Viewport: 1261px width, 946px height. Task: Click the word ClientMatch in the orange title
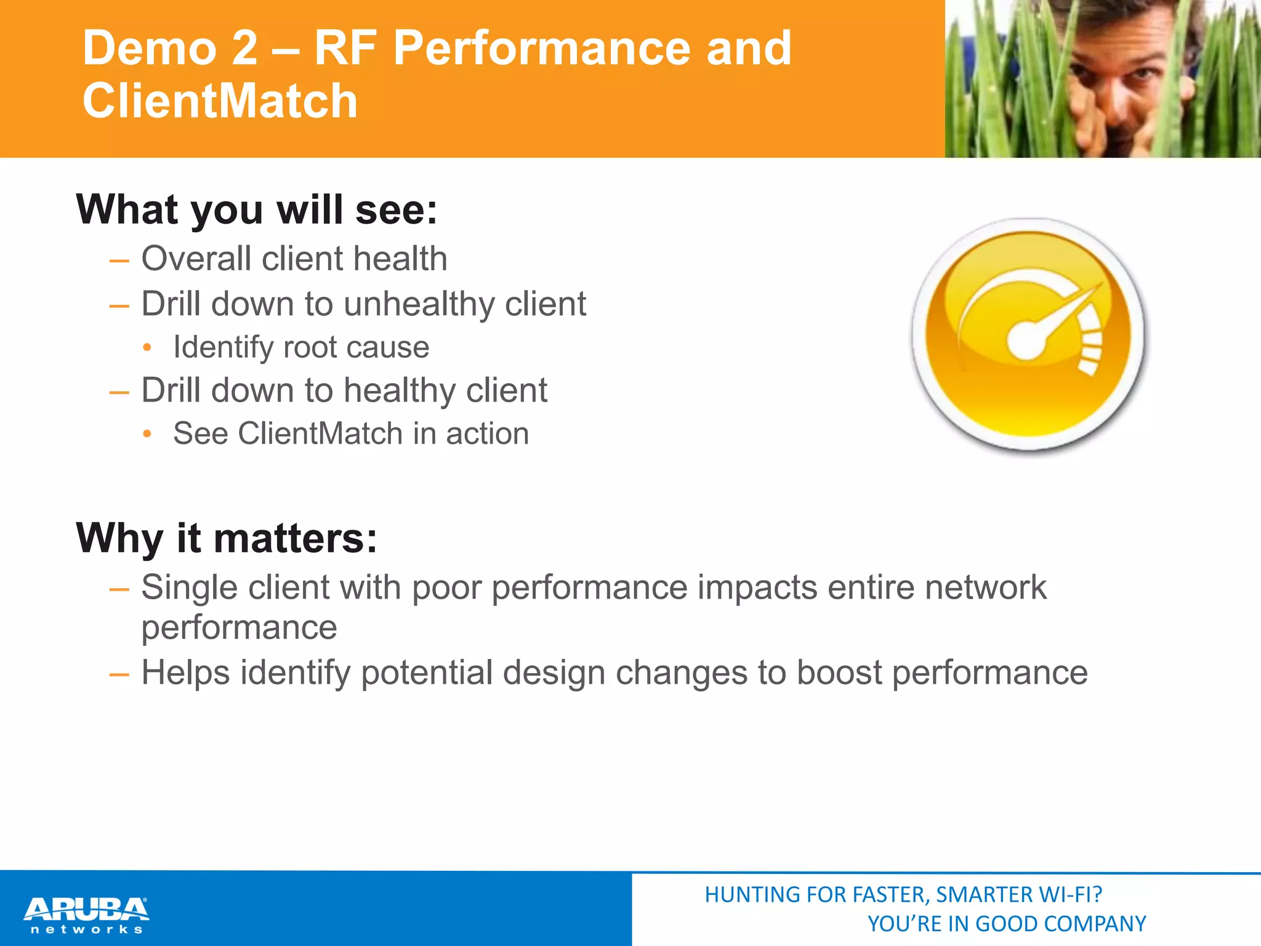pos(220,101)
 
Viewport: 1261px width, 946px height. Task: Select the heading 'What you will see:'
pos(257,210)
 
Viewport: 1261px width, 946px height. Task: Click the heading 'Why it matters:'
pos(226,538)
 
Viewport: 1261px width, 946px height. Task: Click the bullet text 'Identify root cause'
pos(301,347)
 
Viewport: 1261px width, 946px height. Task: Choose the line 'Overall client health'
pos(294,258)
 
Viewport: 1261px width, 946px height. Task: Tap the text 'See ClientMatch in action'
pos(351,434)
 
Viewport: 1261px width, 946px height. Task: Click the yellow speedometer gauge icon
pos(1028,336)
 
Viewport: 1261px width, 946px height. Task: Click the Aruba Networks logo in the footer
pos(86,915)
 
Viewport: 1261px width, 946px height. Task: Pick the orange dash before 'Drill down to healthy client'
pos(119,392)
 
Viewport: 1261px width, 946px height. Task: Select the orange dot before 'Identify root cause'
pos(147,348)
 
